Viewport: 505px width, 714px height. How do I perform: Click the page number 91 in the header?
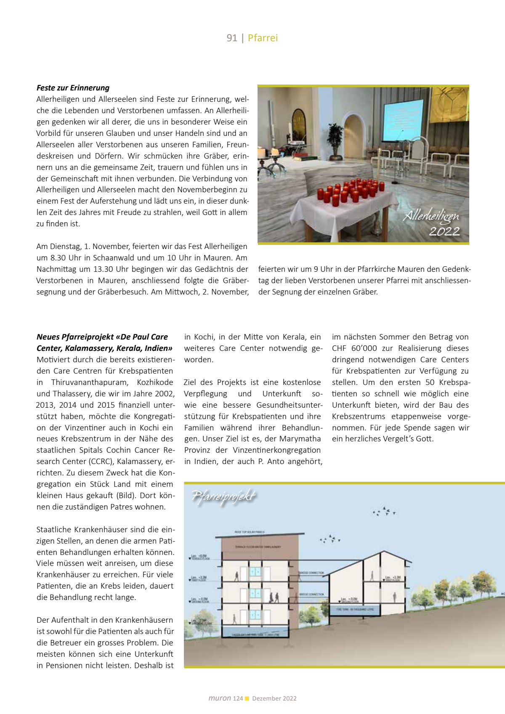pyautogui.click(x=232, y=38)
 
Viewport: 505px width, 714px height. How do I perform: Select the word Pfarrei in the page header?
pyautogui.click(x=263, y=38)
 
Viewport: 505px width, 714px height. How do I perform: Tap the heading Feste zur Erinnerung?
pyautogui.click(x=73, y=88)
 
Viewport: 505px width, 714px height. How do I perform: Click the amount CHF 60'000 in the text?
pyautogui.click(x=354, y=348)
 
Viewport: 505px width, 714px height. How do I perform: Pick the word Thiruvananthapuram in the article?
pyautogui.click(x=89, y=382)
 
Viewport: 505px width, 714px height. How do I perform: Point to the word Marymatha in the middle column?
pyautogui.click(x=300, y=439)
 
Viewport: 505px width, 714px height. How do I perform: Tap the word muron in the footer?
pyautogui.click(x=220, y=698)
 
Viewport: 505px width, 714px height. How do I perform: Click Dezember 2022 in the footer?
pyautogui.click(x=274, y=698)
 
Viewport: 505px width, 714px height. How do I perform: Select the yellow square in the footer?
pyautogui.click(x=247, y=698)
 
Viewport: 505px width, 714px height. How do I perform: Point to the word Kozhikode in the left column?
pyautogui.click(x=155, y=382)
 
